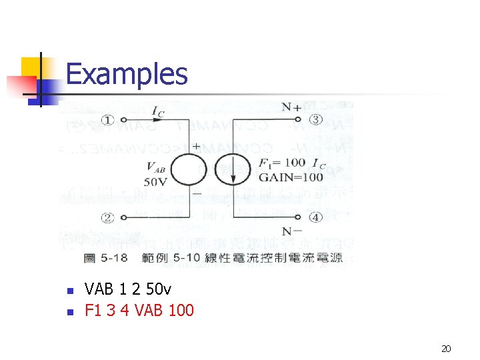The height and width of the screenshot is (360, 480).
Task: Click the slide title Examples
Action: click(x=127, y=73)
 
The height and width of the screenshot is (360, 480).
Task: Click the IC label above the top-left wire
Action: click(x=157, y=110)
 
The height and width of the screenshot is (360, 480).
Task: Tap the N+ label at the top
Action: click(x=291, y=107)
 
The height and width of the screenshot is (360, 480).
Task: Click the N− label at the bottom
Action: click(x=291, y=231)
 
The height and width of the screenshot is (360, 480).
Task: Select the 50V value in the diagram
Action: click(x=154, y=181)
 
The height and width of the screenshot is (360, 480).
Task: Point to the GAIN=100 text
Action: click(x=291, y=177)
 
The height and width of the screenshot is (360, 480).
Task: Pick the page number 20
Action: click(x=447, y=349)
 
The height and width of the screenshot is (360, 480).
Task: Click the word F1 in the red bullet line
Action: click(x=93, y=310)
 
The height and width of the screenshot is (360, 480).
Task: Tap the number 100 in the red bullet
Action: click(x=181, y=310)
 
